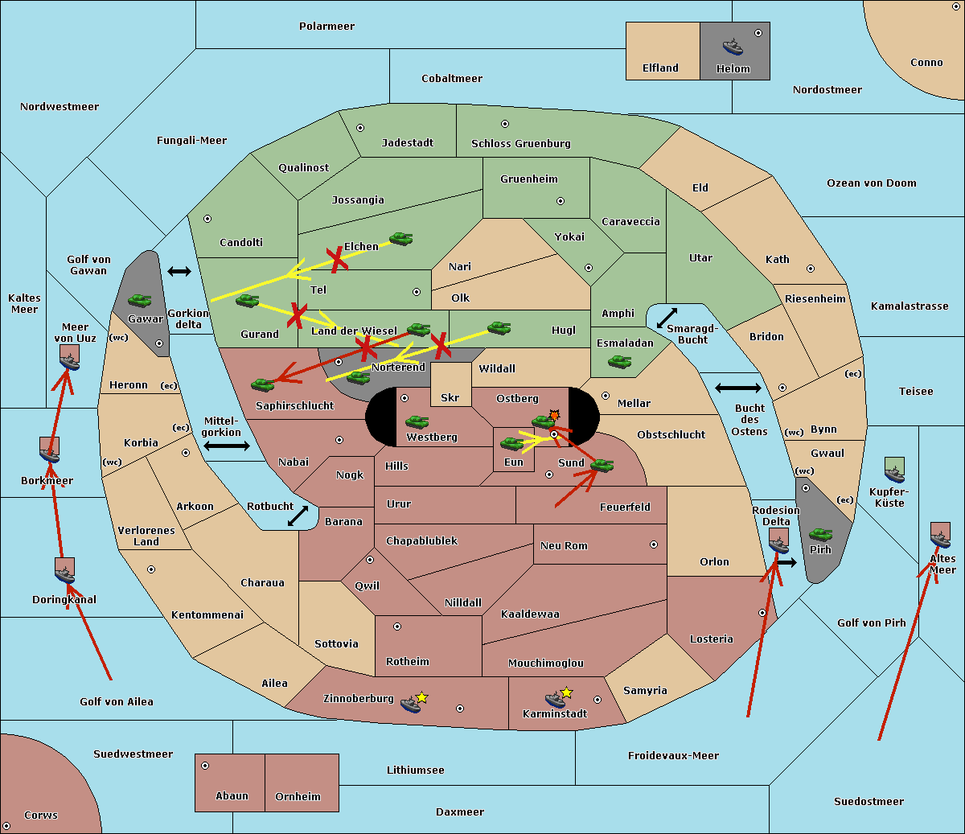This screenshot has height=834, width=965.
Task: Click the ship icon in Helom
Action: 733,47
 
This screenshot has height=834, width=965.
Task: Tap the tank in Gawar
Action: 140,300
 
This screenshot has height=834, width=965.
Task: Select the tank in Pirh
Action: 820,534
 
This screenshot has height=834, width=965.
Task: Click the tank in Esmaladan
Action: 619,361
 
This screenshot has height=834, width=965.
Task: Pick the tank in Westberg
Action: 417,421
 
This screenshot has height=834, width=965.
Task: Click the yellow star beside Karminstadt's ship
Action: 566,692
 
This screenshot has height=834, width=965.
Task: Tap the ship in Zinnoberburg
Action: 411,705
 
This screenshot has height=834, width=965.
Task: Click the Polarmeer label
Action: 326,27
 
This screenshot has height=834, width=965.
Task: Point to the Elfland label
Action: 660,68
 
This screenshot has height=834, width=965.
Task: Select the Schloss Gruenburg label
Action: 521,143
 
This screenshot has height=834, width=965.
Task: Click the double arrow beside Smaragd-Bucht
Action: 667,318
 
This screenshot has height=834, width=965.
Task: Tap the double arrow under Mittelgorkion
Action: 227,446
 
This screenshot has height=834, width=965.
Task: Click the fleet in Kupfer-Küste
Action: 894,470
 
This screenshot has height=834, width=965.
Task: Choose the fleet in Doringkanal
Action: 64,570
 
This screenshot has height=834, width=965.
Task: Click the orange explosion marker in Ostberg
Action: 554,415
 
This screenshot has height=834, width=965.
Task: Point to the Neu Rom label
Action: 564,545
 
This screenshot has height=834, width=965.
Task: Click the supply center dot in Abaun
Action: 205,766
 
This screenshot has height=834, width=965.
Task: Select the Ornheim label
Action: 298,796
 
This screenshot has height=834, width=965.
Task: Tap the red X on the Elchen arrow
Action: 337,260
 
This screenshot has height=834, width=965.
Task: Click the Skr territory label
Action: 450,397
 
